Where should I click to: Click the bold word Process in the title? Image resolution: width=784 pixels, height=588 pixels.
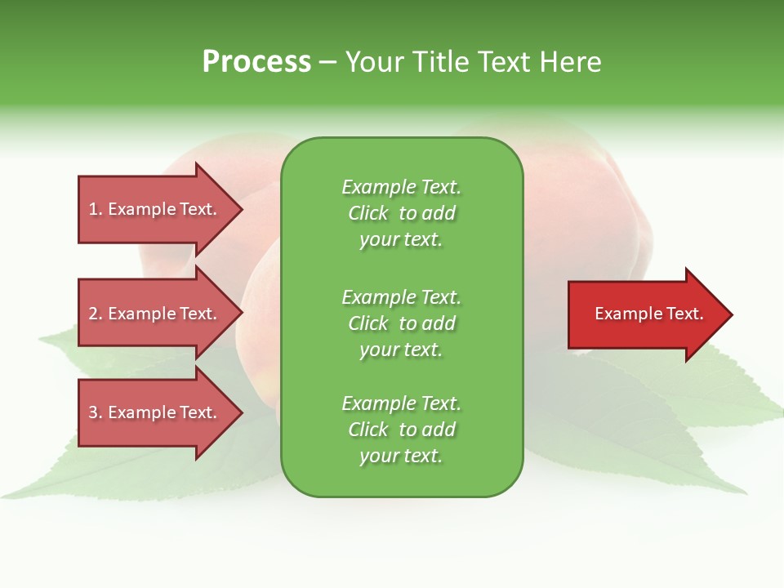(x=256, y=62)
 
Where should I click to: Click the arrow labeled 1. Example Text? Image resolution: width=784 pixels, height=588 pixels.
(x=155, y=209)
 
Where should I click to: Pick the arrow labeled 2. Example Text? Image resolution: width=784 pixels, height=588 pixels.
(x=155, y=314)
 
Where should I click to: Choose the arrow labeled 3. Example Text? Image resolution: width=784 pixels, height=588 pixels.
(x=155, y=412)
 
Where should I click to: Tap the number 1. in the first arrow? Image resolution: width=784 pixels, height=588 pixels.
(x=96, y=209)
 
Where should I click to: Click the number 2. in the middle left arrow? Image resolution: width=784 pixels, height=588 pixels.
(x=96, y=314)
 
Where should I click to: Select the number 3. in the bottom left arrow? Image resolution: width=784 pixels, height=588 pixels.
(x=96, y=412)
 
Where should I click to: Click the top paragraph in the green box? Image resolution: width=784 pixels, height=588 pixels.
(x=401, y=213)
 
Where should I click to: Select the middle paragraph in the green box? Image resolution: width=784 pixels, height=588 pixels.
(x=401, y=323)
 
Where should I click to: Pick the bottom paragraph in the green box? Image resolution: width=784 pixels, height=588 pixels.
(x=401, y=430)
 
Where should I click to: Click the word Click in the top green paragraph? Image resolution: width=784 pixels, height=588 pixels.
(x=368, y=213)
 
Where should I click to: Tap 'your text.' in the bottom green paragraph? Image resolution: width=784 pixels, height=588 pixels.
(x=401, y=457)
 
